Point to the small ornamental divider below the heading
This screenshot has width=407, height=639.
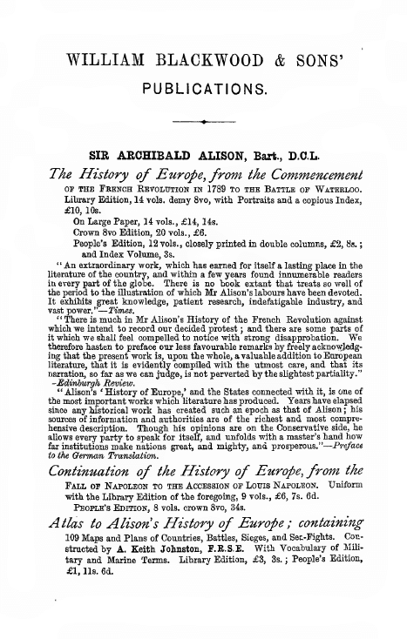204,124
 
